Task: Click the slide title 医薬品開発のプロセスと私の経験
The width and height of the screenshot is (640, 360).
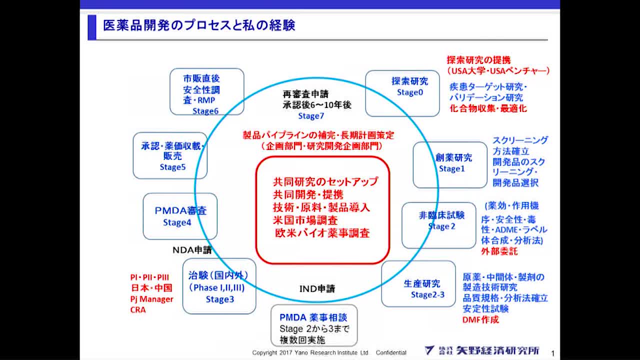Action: pyautogui.click(x=199, y=25)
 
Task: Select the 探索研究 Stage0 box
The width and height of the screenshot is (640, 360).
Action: pyautogui.click(x=402, y=93)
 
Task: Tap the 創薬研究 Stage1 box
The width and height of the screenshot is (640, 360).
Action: pyautogui.click(x=449, y=164)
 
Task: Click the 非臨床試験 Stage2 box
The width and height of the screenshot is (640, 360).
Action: pyautogui.click(x=438, y=225)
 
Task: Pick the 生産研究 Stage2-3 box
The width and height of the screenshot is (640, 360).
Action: pyautogui.click(x=418, y=283)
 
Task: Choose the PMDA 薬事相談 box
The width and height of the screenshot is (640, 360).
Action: pyautogui.click(x=314, y=325)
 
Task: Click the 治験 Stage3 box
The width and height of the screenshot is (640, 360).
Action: pyautogui.click(x=219, y=286)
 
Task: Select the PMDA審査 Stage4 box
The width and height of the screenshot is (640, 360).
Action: pyautogui.click(x=180, y=216)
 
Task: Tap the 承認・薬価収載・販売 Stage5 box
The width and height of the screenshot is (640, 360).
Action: pyautogui.click(x=169, y=156)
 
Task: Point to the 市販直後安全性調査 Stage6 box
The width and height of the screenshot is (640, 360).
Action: pyautogui.click(x=206, y=91)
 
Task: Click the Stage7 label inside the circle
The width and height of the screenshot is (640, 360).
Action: pyautogui.click(x=311, y=116)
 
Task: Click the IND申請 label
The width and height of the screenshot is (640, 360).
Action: pyautogui.click(x=317, y=289)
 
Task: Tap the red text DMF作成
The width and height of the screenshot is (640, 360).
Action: pyautogui.click(x=480, y=319)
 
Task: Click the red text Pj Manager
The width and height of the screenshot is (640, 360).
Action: pyautogui.click(x=151, y=299)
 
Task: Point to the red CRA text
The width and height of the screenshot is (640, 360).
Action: pyautogui.click(x=138, y=309)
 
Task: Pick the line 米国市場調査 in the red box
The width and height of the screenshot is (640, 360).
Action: pyautogui.click(x=305, y=220)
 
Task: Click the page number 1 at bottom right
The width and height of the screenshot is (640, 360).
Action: pyautogui.click(x=552, y=352)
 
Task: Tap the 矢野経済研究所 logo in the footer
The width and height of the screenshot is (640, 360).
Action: pyautogui.click(x=482, y=350)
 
